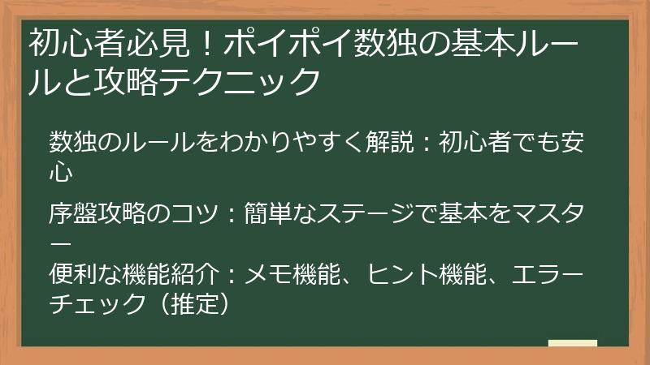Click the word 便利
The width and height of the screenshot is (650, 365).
71,273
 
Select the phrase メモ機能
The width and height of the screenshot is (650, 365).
285,273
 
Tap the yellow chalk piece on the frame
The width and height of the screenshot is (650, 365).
573,344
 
